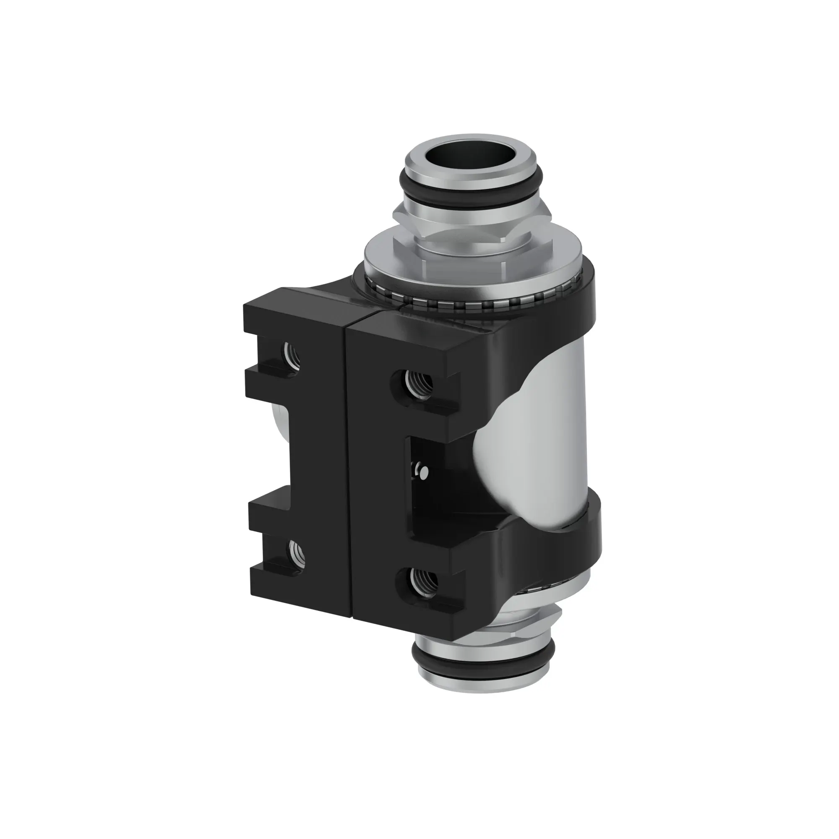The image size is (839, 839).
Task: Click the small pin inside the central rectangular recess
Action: tap(423, 470)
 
